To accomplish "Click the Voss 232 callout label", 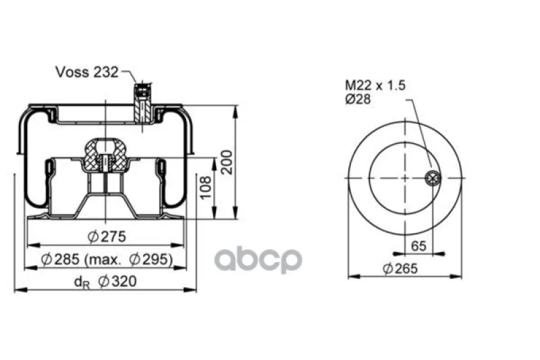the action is click(x=87, y=72).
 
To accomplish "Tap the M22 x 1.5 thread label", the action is click(x=375, y=85).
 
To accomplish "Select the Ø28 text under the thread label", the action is click(x=358, y=99).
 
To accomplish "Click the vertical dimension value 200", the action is click(x=226, y=162).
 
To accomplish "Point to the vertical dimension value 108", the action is click(x=206, y=187).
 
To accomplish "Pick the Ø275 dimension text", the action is click(x=107, y=236).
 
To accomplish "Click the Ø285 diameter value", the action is click(x=60, y=259).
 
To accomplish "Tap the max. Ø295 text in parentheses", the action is click(x=129, y=259).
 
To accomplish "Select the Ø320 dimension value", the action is click(x=117, y=282).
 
